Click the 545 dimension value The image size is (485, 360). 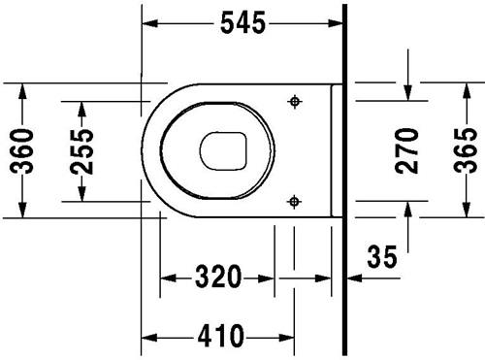(x=242, y=22)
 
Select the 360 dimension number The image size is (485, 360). (x=21, y=151)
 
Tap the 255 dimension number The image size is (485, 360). (x=81, y=151)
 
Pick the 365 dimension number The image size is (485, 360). (x=466, y=150)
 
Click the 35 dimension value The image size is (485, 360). (x=382, y=256)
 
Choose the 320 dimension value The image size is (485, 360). (x=218, y=277)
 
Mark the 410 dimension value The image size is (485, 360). (x=220, y=336)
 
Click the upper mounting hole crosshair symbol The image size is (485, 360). (x=295, y=102)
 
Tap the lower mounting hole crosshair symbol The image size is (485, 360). (x=294, y=202)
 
